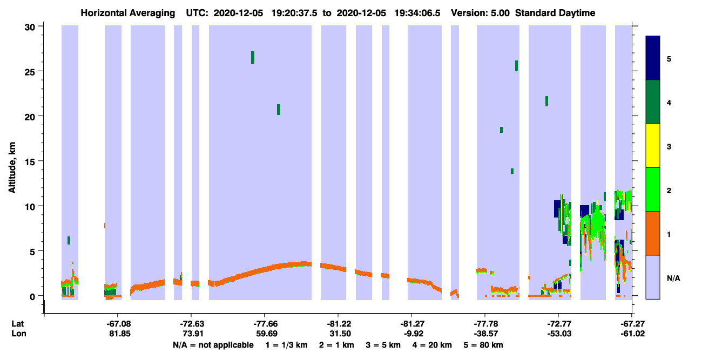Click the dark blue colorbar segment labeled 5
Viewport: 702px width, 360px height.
click(x=653, y=58)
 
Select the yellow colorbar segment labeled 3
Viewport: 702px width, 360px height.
click(x=653, y=146)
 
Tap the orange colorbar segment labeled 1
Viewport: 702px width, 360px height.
click(x=653, y=233)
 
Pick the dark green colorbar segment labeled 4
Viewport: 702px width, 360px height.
click(x=653, y=102)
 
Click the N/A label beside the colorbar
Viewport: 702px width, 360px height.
click(x=673, y=278)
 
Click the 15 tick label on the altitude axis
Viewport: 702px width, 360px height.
click(x=30, y=162)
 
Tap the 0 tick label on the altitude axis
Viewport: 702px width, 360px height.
click(x=32, y=297)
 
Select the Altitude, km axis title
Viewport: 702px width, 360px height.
click(x=12, y=167)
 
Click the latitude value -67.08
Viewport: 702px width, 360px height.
click(x=118, y=324)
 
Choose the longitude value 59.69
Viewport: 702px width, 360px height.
click(x=267, y=334)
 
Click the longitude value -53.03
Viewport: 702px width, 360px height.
click(x=559, y=334)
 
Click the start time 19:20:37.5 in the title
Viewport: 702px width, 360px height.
click(x=294, y=13)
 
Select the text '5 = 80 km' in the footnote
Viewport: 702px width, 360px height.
click(x=483, y=345)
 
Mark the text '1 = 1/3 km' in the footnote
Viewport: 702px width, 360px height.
click(x=286, y=345)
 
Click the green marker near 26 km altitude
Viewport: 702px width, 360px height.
click(x=253, y=57)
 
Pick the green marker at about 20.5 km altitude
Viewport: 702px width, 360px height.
click(x=279, y=110)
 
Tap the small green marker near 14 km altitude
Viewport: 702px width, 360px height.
click(x=512, y=171)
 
